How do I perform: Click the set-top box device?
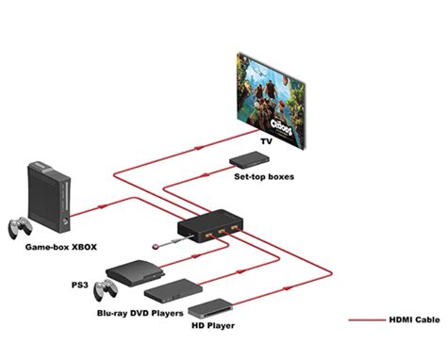coord(247,159)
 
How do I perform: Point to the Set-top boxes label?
coord(264,176)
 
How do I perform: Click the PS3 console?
coord(131,273)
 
